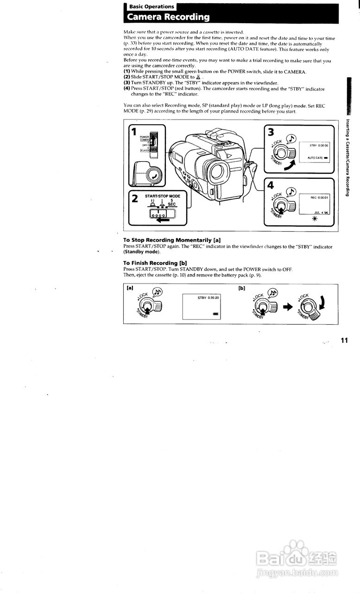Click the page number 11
[x=344, y=341]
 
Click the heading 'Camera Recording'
[x=168, y=18]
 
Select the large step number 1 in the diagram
[x=133, y=132]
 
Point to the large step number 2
[x=134, y=200]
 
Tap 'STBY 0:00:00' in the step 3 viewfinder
[x=318, y=145]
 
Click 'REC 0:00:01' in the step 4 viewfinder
[x=319, y=197]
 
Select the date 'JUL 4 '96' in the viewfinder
[x=321, y=213]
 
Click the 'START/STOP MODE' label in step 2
[x=162, y=196]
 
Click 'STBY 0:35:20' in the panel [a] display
[x=208, y=297]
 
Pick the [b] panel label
[x=241, y=288]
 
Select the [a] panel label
[x=130, y=288]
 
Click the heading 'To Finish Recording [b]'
[x=155, y=263]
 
